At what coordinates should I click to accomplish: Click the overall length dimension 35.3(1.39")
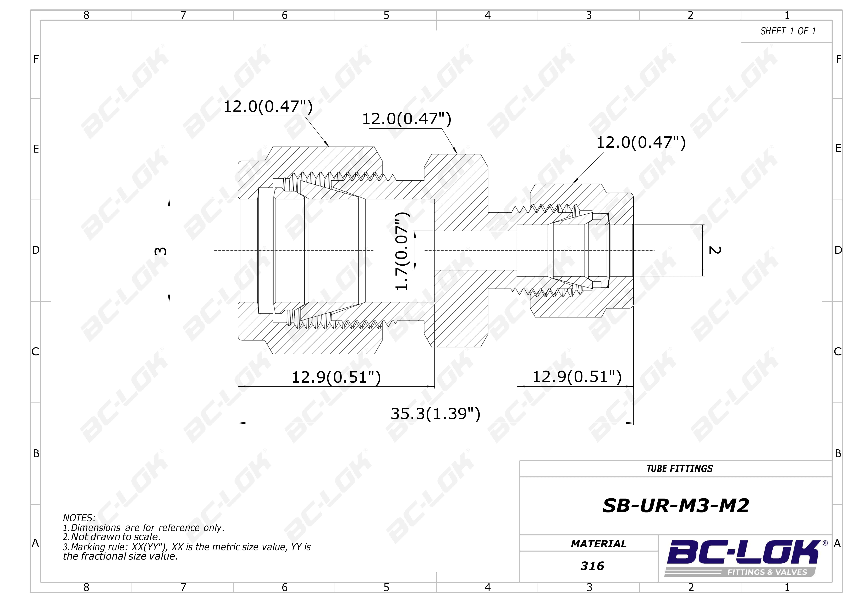435,414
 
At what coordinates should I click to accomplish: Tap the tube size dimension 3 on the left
161,251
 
